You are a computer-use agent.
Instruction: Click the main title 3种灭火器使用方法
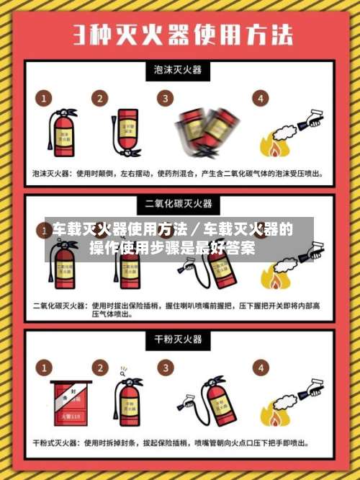point(180,35)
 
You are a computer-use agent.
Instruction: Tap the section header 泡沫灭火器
point(179,70)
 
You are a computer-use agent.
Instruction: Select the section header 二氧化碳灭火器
point(179,204)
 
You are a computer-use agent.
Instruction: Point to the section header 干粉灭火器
point(179,339)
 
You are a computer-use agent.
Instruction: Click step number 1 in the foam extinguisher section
point(45,98)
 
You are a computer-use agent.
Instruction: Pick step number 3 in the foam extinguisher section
point(167,98)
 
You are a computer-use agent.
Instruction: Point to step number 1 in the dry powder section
point(45,368)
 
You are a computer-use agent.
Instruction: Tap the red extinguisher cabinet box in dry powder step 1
point(71,404)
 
